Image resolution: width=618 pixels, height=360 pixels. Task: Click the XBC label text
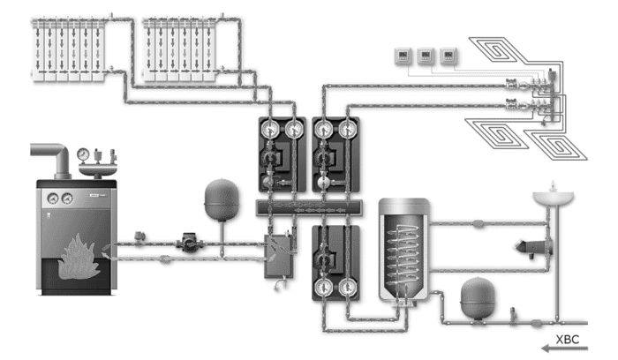coord(568,340)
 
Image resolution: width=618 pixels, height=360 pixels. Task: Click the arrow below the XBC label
coord(564,349)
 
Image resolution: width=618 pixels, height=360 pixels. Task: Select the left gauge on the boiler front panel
coord(53,199)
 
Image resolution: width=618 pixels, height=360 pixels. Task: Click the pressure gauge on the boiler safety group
coord(83,154)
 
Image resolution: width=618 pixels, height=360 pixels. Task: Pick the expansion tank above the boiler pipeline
coord(222,199)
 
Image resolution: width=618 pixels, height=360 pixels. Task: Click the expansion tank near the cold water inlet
coord(478,297)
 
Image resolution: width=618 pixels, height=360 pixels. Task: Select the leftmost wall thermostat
coord(403,56)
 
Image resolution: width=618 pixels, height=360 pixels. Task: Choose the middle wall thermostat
coord(426,56)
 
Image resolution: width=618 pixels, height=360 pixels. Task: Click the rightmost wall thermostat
coord(448,56)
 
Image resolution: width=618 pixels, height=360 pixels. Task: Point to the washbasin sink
coord(553,197)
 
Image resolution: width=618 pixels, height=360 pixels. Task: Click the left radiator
coord(68,49)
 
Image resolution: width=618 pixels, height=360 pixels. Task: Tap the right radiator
coord(179,49)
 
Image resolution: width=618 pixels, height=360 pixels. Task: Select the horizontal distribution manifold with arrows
coord(309,207)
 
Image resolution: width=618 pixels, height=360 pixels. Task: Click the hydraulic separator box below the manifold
coord(278,256)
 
